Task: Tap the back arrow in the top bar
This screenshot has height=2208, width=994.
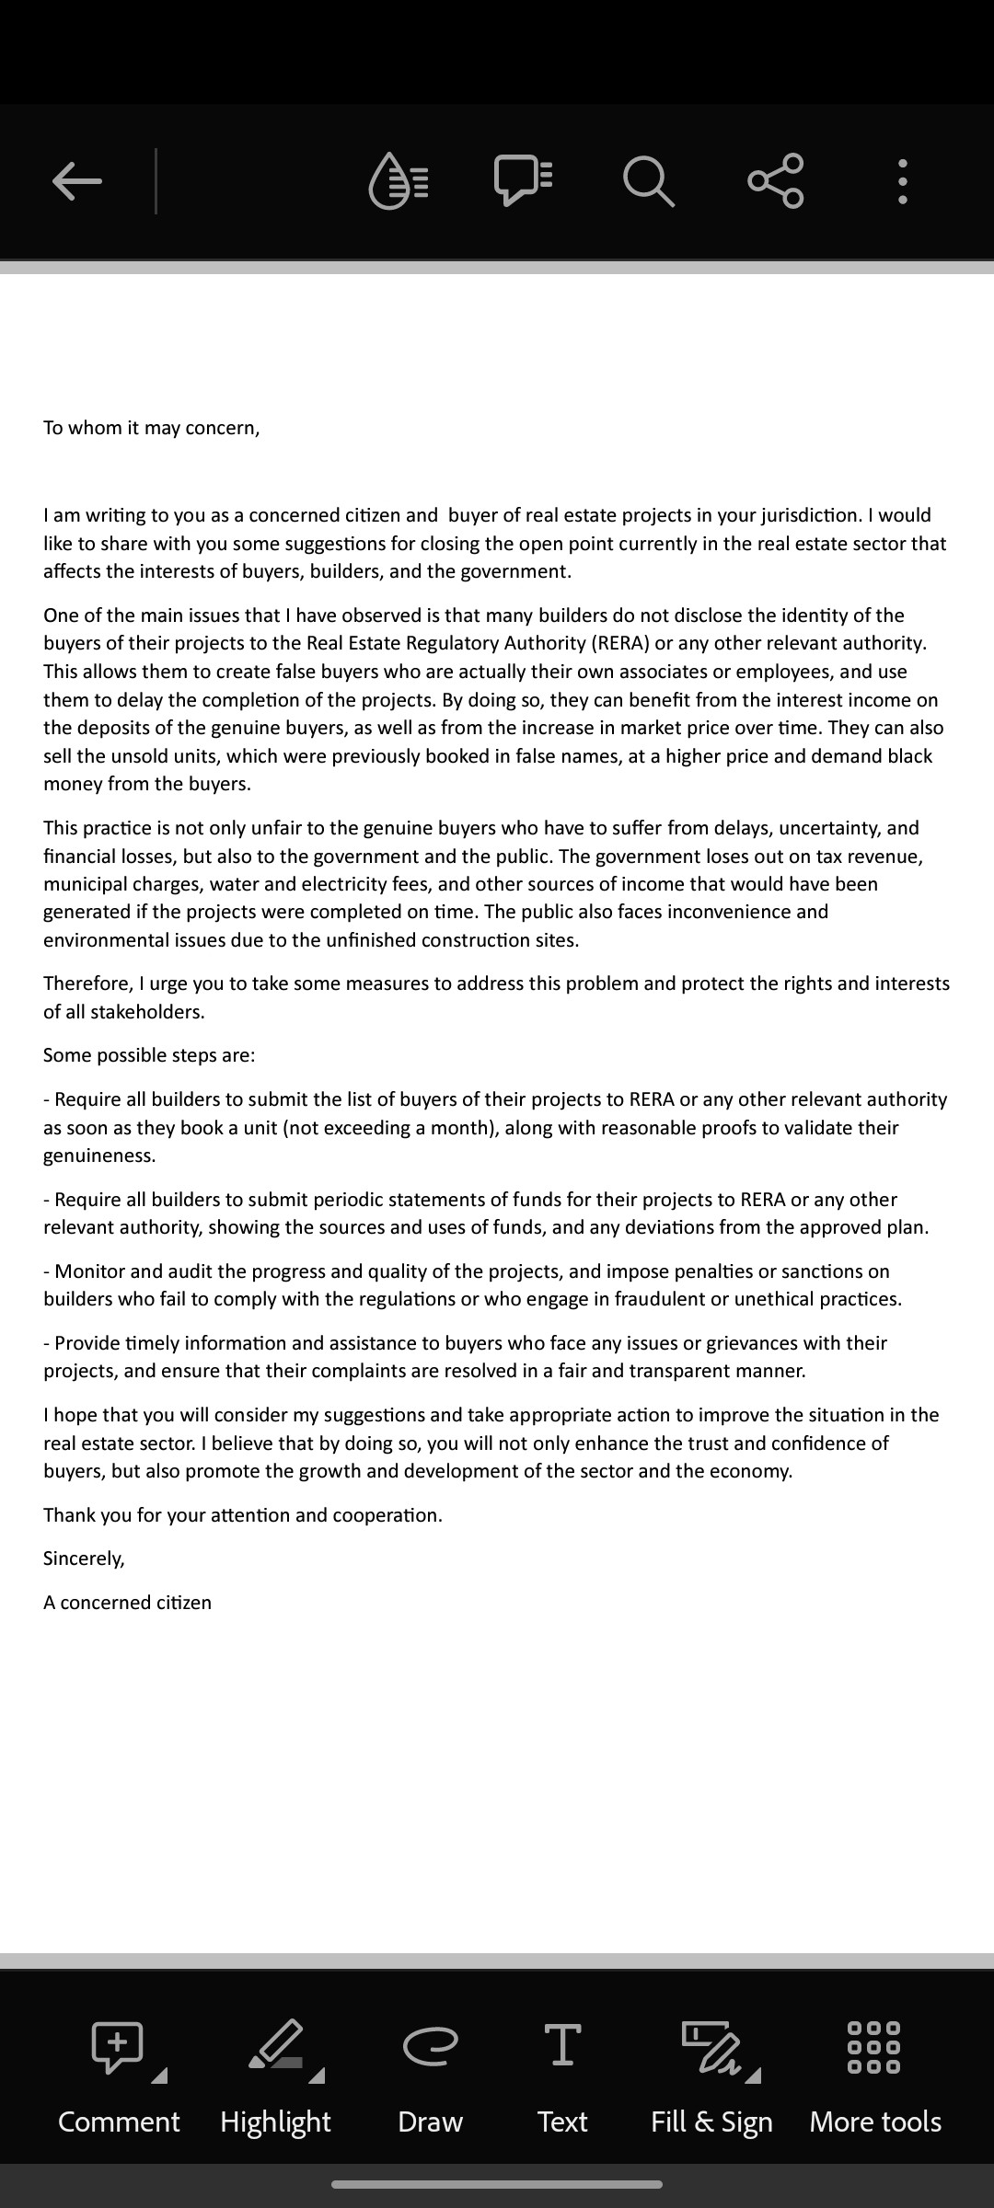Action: click(x=77, y=180)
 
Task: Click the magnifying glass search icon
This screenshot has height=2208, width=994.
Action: click(x=649, y=180)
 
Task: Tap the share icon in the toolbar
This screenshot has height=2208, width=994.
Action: click(x=776, y=180)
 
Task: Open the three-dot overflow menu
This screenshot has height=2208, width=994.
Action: click(x=903, y=181)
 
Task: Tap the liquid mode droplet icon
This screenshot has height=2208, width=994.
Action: click(x=399, y=180)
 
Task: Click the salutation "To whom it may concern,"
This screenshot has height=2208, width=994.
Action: click(x=152, y=428)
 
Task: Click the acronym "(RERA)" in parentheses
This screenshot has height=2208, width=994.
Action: click(x=620, y=643)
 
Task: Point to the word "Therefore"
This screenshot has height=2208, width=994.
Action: click(x=87, y=983)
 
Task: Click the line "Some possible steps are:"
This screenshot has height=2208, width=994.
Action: click(x=149, y=1055)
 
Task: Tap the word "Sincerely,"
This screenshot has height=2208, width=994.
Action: click(x=84, y=1558)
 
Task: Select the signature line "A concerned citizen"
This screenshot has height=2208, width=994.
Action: click(x=127, y=1603)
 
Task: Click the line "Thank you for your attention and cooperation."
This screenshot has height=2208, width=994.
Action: click(x=243, y=1515)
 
